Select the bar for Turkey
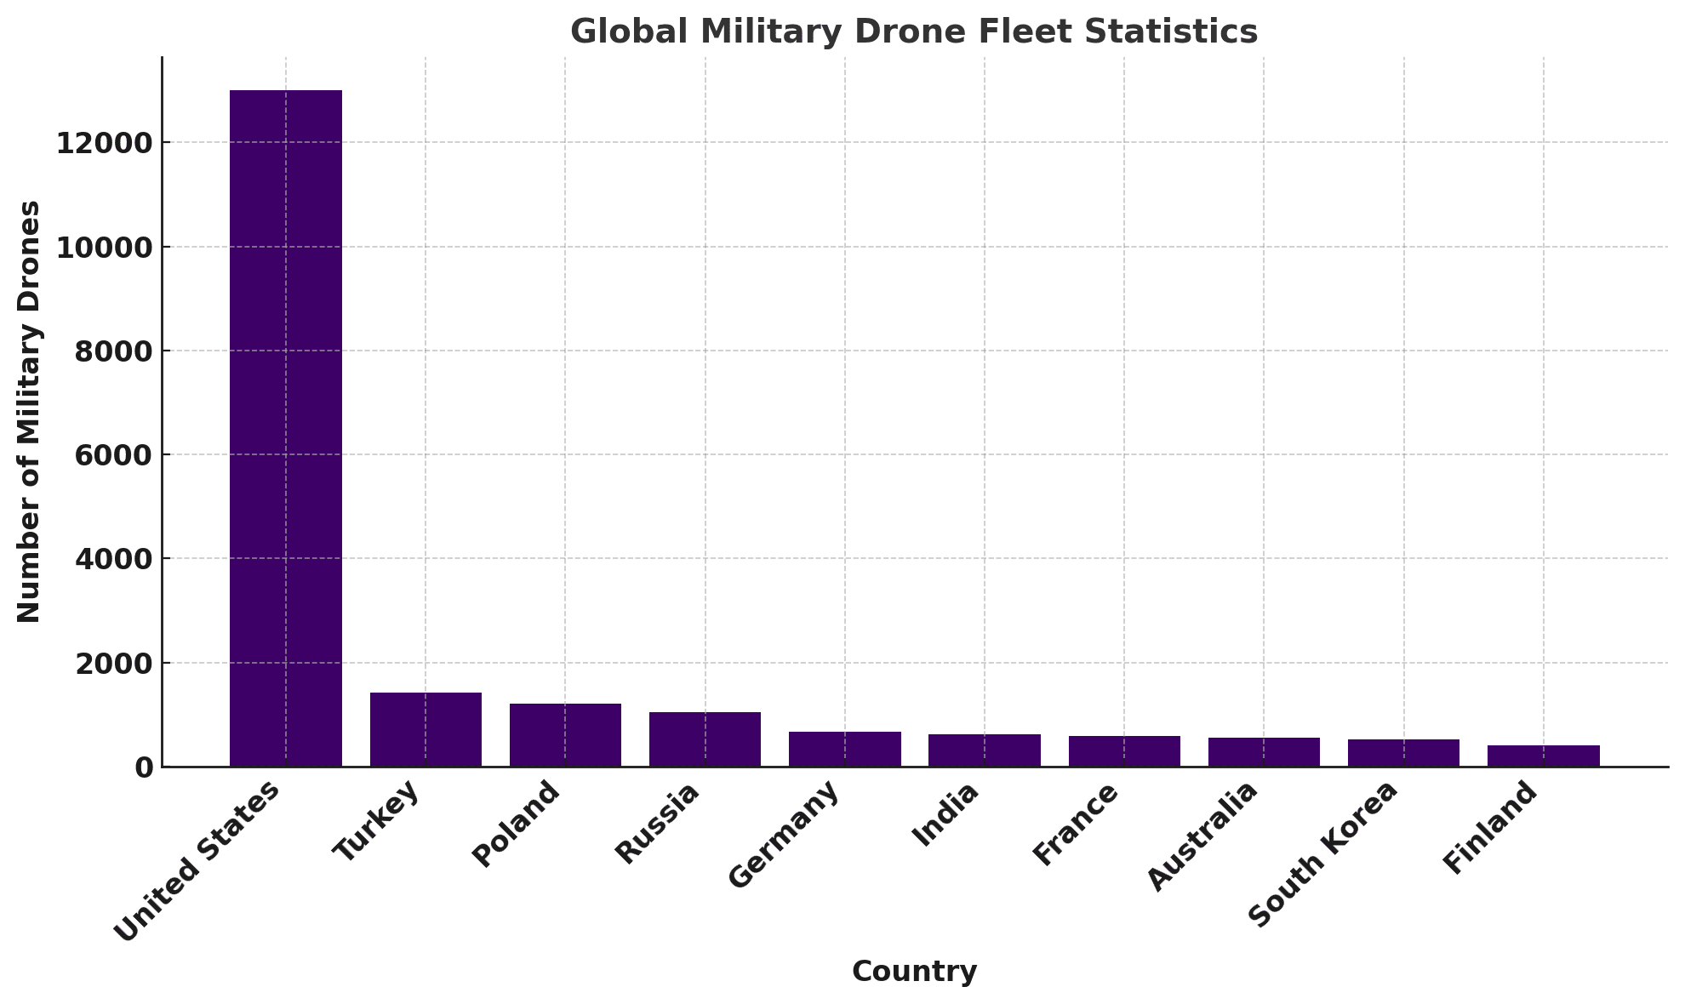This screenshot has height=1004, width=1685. [x=426, y=730]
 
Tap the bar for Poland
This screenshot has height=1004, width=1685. [x=565, y=735]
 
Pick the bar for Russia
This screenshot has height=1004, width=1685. [x=705, y=739]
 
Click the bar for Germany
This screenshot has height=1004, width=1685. [x=844, y=750]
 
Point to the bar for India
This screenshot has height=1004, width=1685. [x=985, y=750]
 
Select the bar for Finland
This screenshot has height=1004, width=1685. [x=1543, y=756]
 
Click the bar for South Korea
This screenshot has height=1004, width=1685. [x=1403, y=753]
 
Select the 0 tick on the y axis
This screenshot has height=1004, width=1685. [x=145, y=767]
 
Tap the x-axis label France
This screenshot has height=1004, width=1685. [x=1075, y=823]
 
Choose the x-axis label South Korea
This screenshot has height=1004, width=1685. [x=1322, y=853]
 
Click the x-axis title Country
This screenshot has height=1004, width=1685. [x=914, y=971]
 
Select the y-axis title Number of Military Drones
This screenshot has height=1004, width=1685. [x=30, y=412]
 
